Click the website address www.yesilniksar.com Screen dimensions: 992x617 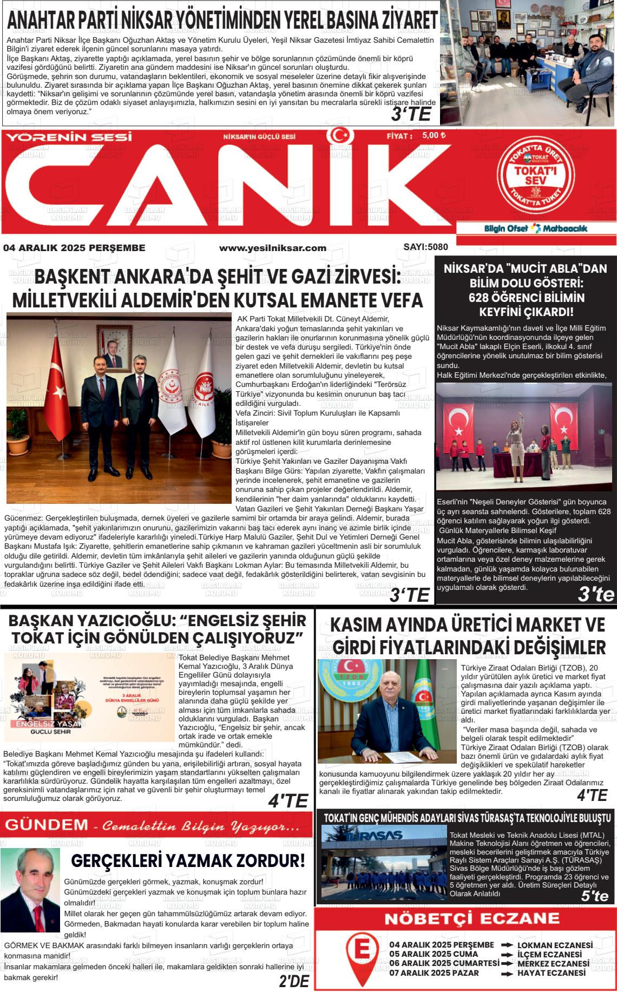[x=272, y=248]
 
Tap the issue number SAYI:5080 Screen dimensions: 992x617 [x=425, y=247]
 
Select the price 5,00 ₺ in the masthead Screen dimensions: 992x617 [x=434, y=135]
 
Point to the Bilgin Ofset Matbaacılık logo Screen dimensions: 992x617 [x=535, y=228]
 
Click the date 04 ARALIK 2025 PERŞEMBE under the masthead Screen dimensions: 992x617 [x=74, y=248]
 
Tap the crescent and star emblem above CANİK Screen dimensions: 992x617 [x=341, y=135]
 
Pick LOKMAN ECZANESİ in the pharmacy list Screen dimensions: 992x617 [x=555, y=945]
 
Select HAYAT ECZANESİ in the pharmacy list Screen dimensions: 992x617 [x=551, y=973]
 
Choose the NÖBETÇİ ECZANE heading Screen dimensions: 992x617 [x=464, y=918]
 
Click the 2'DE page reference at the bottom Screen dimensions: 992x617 [x=294, y=981]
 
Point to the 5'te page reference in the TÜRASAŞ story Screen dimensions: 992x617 [x=594, y=896]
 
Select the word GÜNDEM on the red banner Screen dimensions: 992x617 [x=46, y=825]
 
